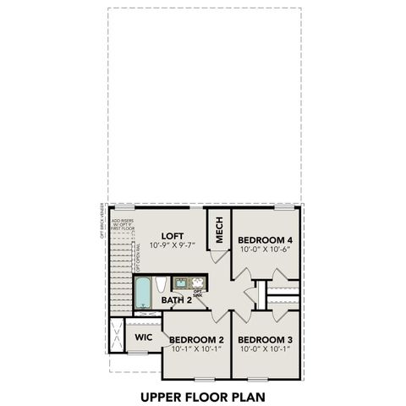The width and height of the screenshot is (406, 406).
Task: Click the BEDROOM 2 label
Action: point(196,339)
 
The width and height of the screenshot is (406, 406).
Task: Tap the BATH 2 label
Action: point(178,300)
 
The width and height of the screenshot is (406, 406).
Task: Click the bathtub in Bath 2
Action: point(143,293)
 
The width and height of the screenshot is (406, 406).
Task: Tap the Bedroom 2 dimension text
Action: point(196,348)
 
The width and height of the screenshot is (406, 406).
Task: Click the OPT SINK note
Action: point(197,294)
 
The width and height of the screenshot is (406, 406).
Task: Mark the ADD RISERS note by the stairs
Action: point(123,223)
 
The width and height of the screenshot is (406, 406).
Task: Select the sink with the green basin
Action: point(181,283)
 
